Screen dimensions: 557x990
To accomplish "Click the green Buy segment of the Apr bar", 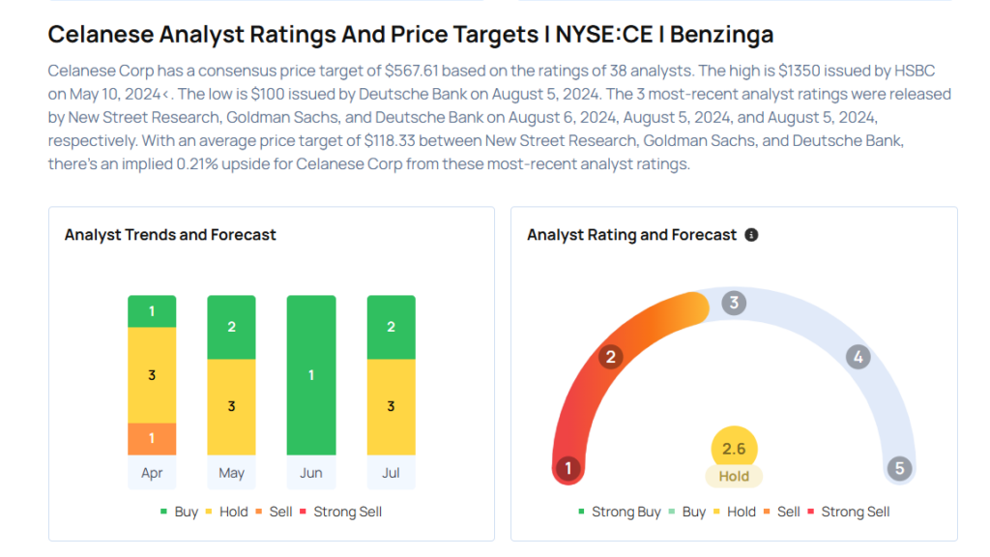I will [152, 311].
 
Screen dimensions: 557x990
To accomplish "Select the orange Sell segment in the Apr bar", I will [152, 438].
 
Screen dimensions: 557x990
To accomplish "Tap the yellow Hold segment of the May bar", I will [231, 406].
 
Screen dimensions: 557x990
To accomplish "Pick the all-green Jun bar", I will [311, 374].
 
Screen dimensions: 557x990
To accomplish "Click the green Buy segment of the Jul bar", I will [391, 327].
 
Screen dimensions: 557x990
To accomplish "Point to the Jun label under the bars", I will [311, 473].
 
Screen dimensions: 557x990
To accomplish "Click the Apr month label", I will [152, 473].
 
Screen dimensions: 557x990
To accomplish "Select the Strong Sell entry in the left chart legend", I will [347, 512].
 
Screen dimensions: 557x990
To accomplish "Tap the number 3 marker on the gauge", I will [734, 303].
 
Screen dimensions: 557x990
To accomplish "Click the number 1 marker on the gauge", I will [568, 469].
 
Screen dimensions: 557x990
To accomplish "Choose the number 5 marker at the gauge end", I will [899, 469].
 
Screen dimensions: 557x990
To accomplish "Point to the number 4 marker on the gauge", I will [857, 357].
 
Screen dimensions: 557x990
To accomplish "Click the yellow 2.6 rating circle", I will [734, 449].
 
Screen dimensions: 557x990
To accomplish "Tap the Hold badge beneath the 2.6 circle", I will [734, 476].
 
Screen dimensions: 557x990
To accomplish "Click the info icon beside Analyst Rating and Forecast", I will [751, 235].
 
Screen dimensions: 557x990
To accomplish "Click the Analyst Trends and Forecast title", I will [170, 235].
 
